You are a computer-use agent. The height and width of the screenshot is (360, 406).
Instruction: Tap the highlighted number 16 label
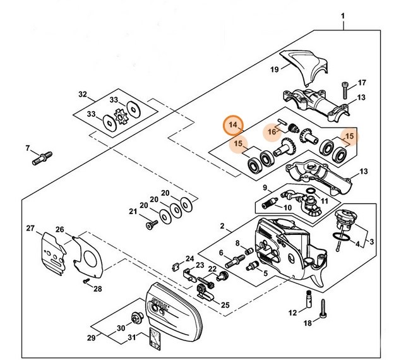(x=272, y=131)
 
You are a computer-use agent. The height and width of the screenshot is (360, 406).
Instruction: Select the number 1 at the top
(x=343, y=14)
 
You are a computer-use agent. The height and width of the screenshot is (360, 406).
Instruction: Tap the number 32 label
(x=82, y=95)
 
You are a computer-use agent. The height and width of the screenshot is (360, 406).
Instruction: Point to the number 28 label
(x=97, y=289)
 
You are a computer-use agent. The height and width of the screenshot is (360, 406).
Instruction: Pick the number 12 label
(x=292, y=313)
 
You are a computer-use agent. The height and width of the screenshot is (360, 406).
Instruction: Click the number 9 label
(x=266, y=187)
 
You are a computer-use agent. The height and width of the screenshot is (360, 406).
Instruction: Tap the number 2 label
(x=222, y=225)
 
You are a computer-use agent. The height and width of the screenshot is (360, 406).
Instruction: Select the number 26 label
(x=60, y=229)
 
